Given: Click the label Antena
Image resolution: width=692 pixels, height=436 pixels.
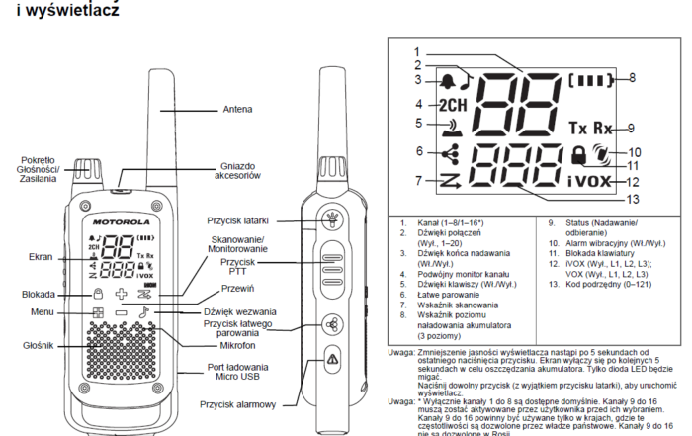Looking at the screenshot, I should [x=237, y=109].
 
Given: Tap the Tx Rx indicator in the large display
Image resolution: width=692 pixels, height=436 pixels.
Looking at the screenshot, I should [x=590, y=129].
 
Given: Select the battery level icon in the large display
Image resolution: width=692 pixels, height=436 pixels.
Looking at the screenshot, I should [x=592, y=76].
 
